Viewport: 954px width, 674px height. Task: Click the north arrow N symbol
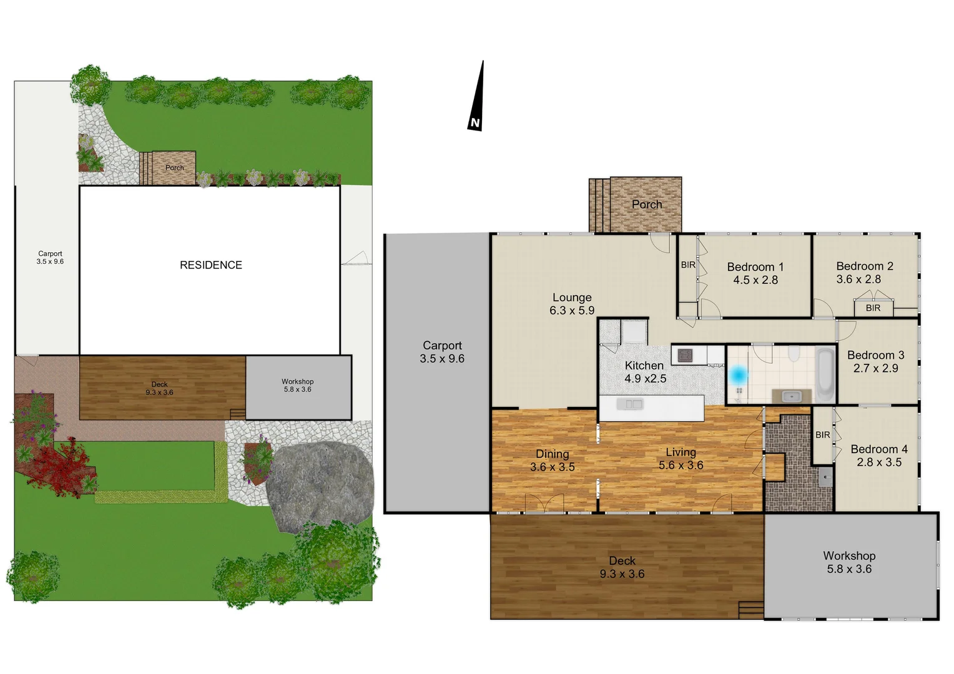(475, 123)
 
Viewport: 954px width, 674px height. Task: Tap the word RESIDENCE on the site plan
(211, 265)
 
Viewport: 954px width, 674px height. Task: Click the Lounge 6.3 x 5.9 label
(572, 304)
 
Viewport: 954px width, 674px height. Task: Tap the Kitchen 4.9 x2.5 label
(645, 372)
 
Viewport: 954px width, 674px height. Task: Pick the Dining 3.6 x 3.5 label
(553, 461)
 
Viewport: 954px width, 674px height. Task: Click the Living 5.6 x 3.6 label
(681, 459)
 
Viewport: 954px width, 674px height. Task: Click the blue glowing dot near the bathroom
(739, 374)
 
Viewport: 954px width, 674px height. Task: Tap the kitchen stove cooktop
(685, 355)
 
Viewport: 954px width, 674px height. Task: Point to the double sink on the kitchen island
(629, 405)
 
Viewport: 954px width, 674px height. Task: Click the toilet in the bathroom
(794, 354)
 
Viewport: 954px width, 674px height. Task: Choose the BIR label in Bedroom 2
(873, 308)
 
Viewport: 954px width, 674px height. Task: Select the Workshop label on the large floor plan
(849, 562)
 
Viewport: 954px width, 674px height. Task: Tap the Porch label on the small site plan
(175, 168)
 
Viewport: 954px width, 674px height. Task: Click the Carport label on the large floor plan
(442, 352)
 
